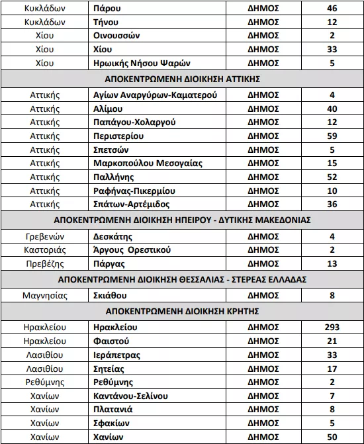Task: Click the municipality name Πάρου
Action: (108, 9)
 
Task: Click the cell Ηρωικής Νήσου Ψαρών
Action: (142, 63)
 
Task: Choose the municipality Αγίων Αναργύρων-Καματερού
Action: (156, 95)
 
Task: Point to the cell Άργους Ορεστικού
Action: (132, 249)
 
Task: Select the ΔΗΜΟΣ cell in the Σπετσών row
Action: (263, 150)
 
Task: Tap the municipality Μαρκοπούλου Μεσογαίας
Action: (148, 163)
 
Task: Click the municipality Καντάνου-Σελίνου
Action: (130, 396)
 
